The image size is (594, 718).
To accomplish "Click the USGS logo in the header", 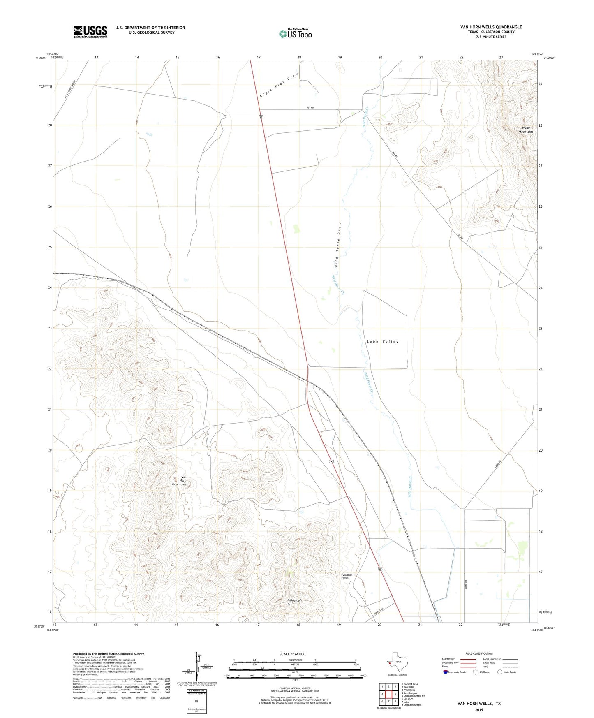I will [90, 31].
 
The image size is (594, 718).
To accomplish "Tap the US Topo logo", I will [295, 34].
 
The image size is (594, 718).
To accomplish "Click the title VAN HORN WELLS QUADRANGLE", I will [491, 27].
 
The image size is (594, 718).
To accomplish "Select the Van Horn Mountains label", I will [179, 481].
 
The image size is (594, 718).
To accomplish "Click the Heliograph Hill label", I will [294, 602].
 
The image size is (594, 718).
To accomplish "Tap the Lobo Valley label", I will [383, 342].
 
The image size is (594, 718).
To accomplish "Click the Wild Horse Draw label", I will [338, 246].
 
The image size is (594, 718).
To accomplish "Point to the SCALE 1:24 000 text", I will [292, 654].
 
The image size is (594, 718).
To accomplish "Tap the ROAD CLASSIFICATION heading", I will [479, 653].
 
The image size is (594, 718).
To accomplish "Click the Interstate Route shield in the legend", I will [446, 672].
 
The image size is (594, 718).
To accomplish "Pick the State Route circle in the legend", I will [500, 672].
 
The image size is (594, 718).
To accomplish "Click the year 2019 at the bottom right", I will [479, 709].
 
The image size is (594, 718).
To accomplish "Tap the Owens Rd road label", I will [379, 609].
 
